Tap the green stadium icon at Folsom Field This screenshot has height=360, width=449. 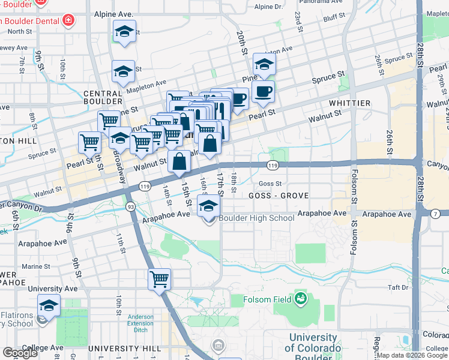300,298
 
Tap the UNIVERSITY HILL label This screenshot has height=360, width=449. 124,348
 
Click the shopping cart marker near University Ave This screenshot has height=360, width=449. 160,278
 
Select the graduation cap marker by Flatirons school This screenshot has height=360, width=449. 49,305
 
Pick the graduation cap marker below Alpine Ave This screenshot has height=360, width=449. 124,31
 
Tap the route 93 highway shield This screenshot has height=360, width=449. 130,206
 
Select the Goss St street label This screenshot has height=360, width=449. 270,184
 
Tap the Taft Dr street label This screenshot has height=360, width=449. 397,287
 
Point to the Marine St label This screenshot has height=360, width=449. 36,266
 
